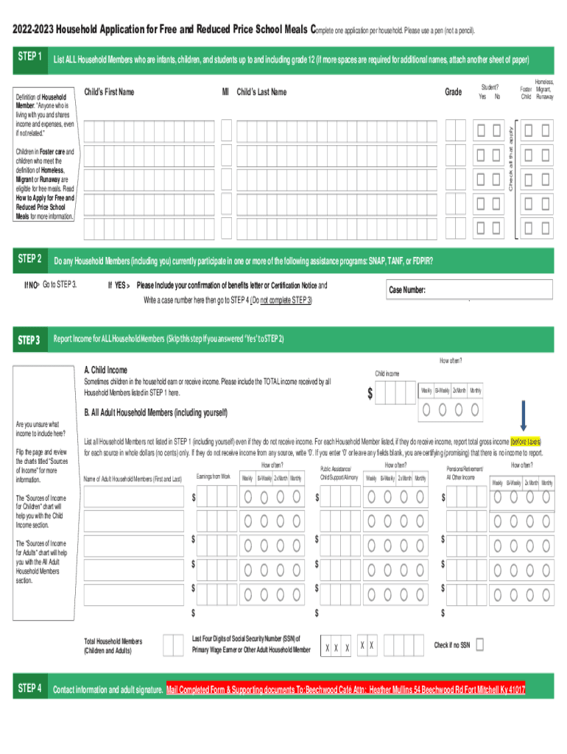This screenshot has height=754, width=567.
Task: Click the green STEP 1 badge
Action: (x=30, y=57)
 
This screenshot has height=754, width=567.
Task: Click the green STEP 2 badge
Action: (x=30, y=259)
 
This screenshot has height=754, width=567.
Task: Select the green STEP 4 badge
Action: (x=30, y=688)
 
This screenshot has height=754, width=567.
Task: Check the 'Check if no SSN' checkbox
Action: (x=480, y=645)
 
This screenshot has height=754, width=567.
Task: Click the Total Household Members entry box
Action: (x=173, y=645)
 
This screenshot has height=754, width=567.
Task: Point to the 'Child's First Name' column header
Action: (x=109, y=92)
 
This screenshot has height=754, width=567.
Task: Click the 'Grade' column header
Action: (x=454, y=92)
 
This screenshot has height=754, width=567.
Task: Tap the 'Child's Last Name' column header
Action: (x=261, y=92)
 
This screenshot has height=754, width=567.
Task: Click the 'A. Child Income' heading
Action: (x=106, y=370)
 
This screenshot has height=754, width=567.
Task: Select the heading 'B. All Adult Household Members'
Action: (x=156, y=412)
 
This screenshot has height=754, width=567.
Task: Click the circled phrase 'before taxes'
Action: (x=526, y=441)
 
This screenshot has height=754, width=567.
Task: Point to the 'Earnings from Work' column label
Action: (x=214, y=477)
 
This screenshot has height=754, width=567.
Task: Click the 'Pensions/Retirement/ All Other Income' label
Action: (x=465, y=473)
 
